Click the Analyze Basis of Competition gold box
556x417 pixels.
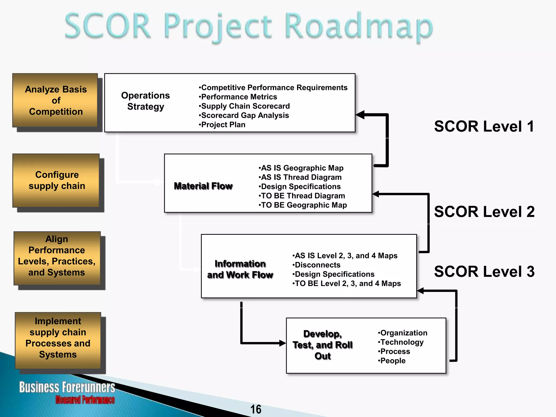tap(55, 100)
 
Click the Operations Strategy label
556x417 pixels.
tap(145, 101)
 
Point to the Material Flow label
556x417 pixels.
tap(203, 186)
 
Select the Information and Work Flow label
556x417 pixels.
tap(240, 269)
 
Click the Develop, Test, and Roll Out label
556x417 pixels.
tap(323, 345)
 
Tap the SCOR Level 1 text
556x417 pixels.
tap(484, 127)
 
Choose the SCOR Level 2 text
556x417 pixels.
tap(484, 212)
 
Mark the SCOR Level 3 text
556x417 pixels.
tap(484, 271)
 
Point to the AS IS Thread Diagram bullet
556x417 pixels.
tap(300, 177)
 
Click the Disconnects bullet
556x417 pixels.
tap(317, 265)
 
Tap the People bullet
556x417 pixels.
tap(392, 361)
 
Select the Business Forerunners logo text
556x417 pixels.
tap(67, 387)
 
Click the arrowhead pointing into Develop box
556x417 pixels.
tap(282, 343)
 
